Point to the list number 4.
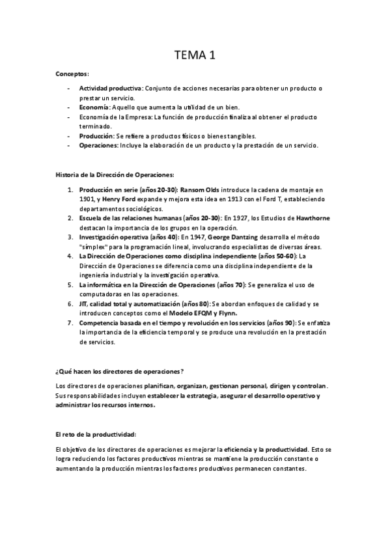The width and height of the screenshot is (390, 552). pos(70,256)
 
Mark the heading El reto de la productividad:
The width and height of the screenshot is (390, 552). pos(96,434)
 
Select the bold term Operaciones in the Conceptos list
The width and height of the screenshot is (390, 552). pos(99,145)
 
